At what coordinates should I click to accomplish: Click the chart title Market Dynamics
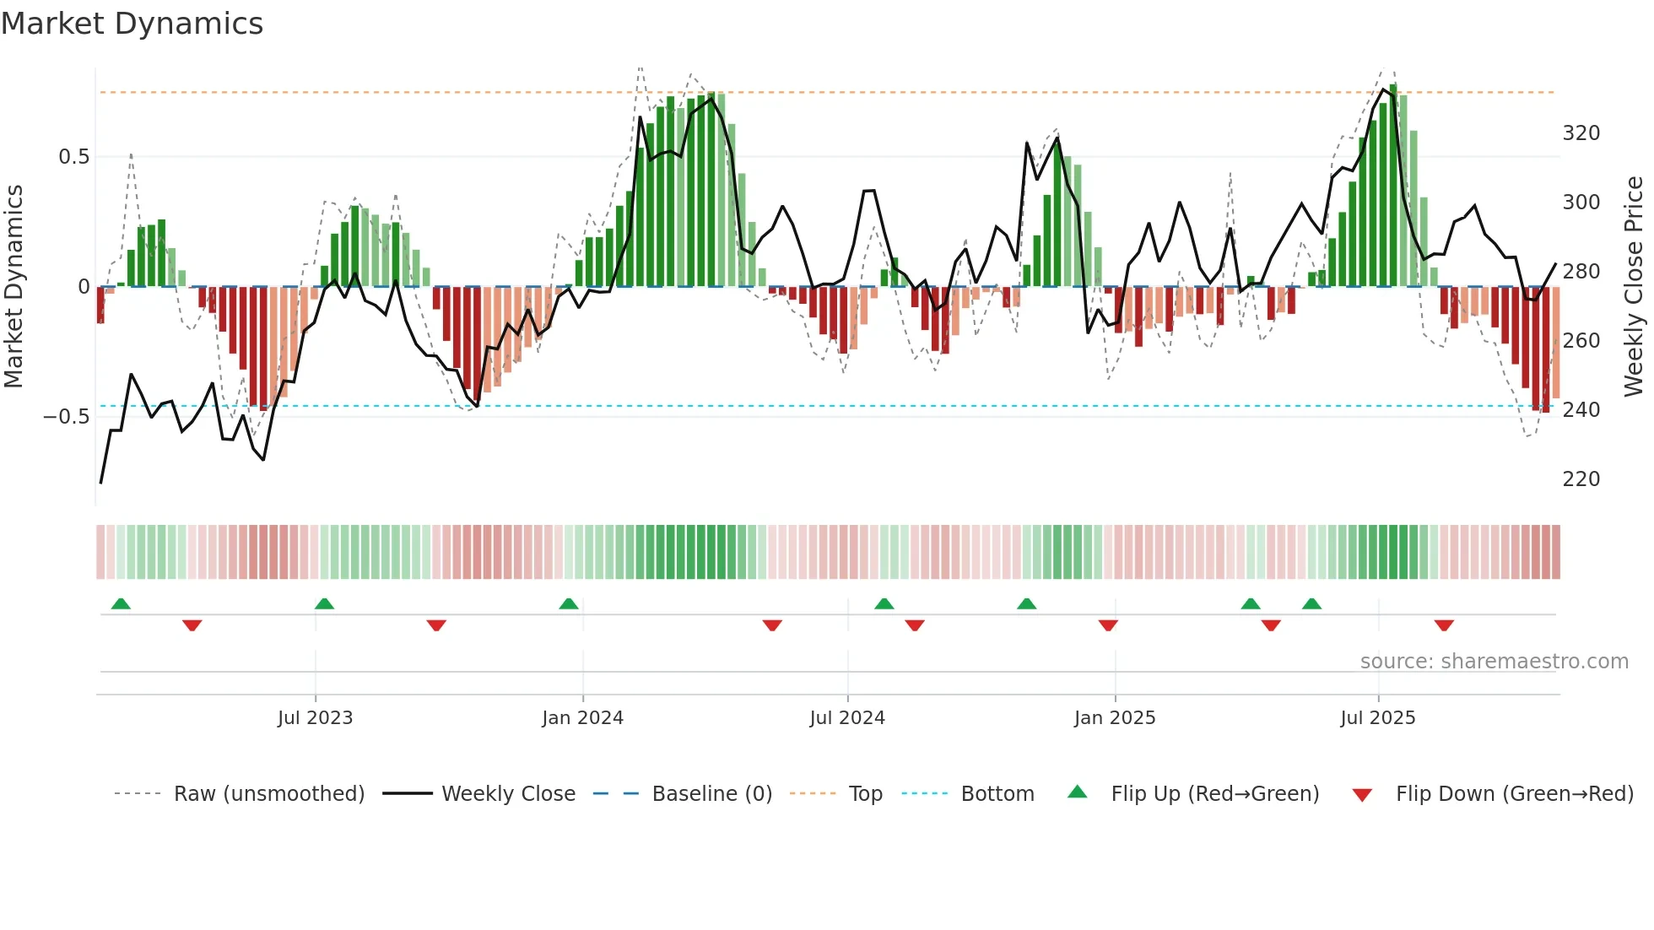pos(132,24)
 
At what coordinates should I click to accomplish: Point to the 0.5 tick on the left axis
pos(73,157)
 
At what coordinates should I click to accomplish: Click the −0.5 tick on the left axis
pos(67,417)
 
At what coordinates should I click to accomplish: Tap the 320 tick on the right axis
pos(1581,133)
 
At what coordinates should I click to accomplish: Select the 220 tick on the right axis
pos(1581,479)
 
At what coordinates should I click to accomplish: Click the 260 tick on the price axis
pos(1581,341)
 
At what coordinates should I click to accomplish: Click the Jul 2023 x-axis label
pos(315,718)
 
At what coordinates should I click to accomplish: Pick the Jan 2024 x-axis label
pos(582,718)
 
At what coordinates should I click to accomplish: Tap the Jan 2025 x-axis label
pos(1114,718)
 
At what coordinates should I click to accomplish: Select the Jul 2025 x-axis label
pos(1377,718)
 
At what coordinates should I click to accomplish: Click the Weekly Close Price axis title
pos(1634,287)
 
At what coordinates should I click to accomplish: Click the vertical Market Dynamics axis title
pos(14,287)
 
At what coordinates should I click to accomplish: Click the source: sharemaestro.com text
pos(1494,662)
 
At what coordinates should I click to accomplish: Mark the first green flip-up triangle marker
pos(121,604)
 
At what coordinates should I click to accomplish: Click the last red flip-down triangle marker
pos(1444,625)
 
